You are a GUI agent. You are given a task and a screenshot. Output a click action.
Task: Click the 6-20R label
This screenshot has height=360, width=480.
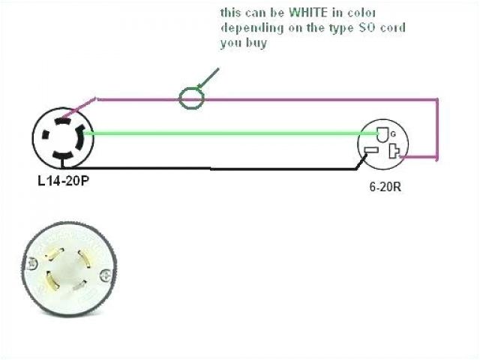click(385, 186)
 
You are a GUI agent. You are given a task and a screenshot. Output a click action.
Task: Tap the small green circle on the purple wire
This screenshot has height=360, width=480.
click(191, 98)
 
